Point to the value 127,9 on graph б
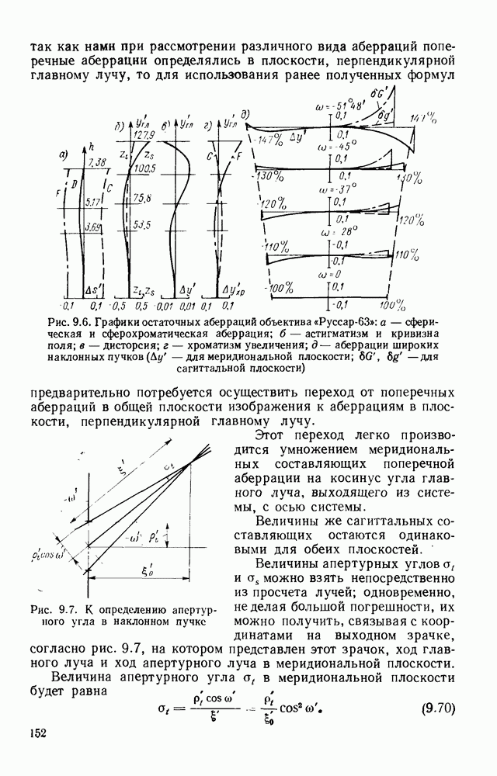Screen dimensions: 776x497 coord(141,133)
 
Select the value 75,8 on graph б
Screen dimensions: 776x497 coord(142,197)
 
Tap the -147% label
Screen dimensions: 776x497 coord(273,137)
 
